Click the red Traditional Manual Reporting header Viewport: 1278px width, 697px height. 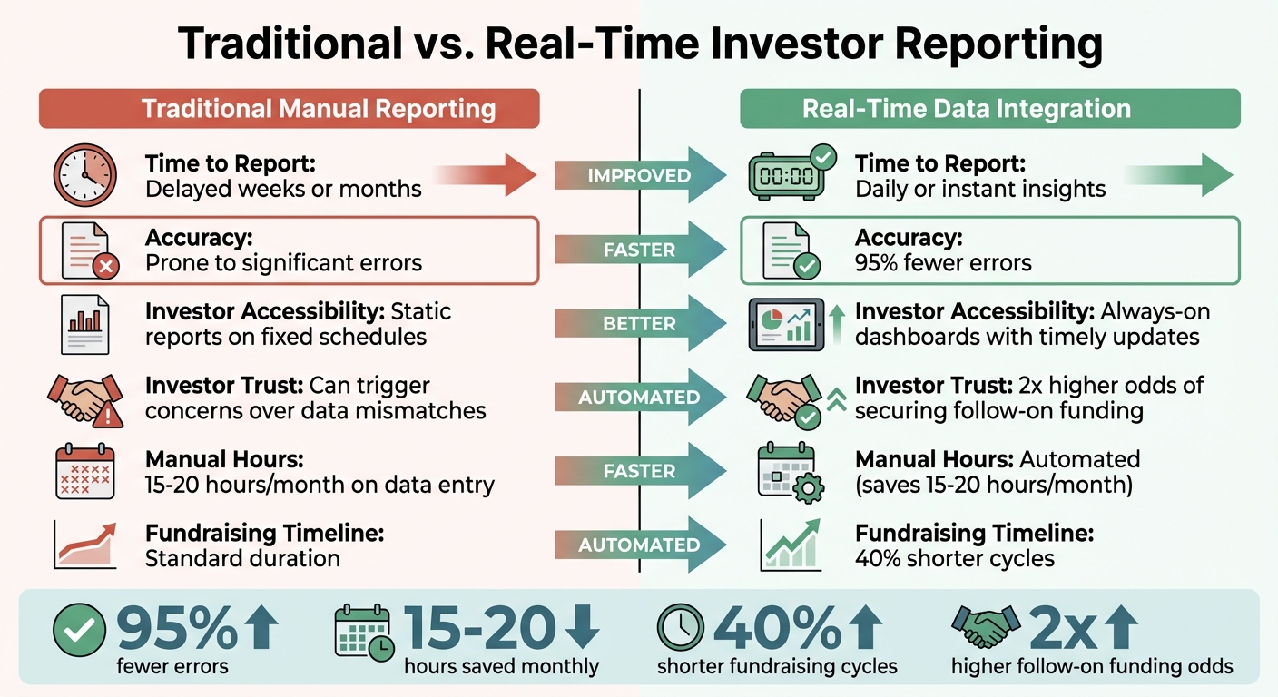pyautogui.click(x=289, y=109)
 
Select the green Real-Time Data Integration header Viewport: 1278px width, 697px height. pyautogui.click(x=989, y=109)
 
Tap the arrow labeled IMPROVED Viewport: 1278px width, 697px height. pyautogui.click(x=639, y=175)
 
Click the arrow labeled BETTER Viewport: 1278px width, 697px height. pyautogui.click(x=639, y=323)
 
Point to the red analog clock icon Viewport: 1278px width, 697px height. pyautogui.click(x=83, y=175)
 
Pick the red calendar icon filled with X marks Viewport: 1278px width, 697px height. pyautogui.click(x=84, y=471)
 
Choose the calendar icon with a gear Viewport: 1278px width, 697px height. pyautogui.click(x=788, y=472)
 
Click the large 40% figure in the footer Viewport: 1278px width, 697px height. pyautogui.click(x=777, y=627)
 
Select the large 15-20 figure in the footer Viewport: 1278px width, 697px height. pyautogui.click(x=478, y=627)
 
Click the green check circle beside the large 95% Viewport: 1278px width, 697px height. pyautogui.click(x=79, y=629)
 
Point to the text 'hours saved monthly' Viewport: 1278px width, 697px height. pyautogui.click(x=501, y=667)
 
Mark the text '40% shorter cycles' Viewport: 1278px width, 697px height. pyautogui.click(x=954, y=558)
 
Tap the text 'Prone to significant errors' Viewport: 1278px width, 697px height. pyautogui.click(x=283, y=263)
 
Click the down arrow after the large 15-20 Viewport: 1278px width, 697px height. pyautogui.click(x=581, y=627)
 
